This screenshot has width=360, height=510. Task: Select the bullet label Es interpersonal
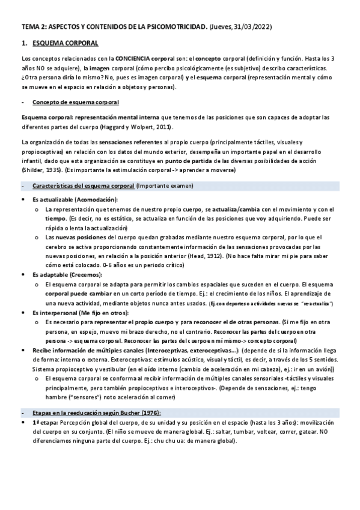54,313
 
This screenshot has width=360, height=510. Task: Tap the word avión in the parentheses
323,369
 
